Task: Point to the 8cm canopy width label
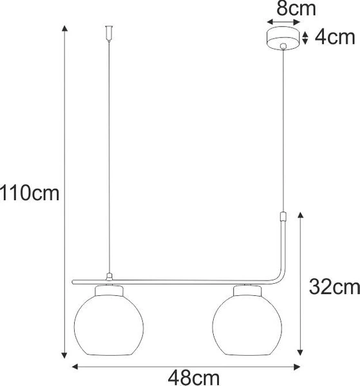pyautogui.click(x=283, y=9)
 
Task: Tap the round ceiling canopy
pyautogui.click(x=283, y=39)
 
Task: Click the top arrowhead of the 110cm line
pyautogui.click(x=63, y=28)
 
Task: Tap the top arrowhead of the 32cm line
pyautogui.click(x=301, y=214)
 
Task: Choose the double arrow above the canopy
pyautogui.click(x=283, y=22)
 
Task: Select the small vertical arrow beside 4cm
pyautogui.click(x=306, y=37)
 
